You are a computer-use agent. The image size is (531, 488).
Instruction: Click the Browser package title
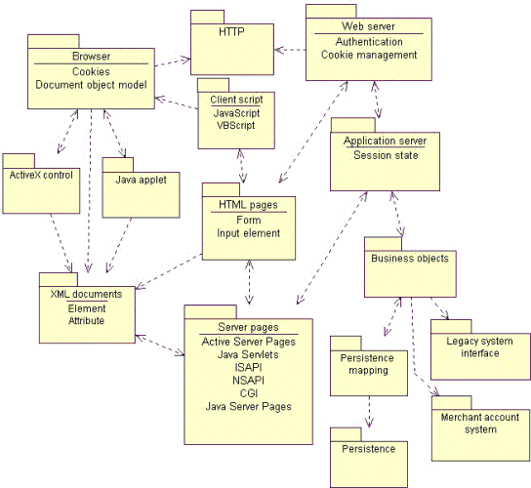(x=91, y=57)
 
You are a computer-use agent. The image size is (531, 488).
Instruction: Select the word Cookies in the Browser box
(x=91, y=71)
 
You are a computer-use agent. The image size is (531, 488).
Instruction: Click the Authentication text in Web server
(x=368, y=42)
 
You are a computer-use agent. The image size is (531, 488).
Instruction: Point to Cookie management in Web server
(x=368, y=56)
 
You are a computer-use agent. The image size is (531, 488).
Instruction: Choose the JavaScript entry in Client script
(x=236, y=113)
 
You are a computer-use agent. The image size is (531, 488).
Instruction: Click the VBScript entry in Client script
(x=236, y=127)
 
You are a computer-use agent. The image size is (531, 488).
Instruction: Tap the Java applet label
(x=142, y=180)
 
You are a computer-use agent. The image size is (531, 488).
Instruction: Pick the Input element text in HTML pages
(x=248, y=233)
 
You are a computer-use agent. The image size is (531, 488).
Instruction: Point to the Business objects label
(x=410, y=259)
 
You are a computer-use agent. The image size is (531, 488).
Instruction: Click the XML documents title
(x=86, y=294)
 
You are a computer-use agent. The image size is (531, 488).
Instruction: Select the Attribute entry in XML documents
(x=86, y=320)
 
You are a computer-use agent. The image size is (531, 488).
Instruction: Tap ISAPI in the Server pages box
(x=248, y=367)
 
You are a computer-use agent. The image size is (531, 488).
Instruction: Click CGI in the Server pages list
(x=248, y=392)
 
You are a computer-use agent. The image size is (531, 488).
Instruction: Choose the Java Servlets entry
(x=248, y=354)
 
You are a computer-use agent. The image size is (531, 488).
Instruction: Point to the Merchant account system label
(x=479, y=423)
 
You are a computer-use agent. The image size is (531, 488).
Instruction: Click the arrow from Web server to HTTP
(x=290, y=47)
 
